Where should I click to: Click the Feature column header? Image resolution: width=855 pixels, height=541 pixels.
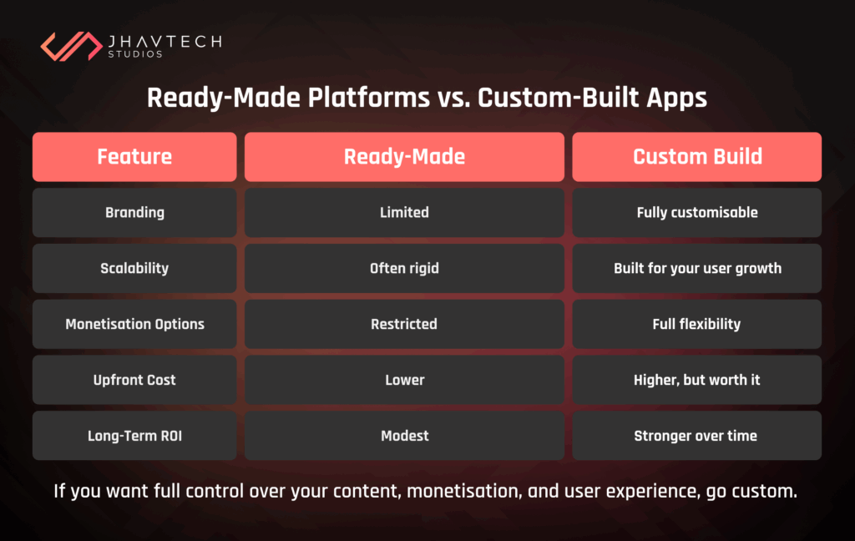click(x=134, y=156)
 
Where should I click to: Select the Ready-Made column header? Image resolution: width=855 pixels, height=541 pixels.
click(x=404, y=156)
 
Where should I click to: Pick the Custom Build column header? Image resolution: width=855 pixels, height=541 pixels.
click(x=697, y=156)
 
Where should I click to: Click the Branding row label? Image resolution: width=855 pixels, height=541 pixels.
click(x=134, y=212)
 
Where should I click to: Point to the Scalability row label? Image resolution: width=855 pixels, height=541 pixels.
click(x=134, y=268)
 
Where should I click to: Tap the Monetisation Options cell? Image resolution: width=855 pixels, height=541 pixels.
click(x=134, y=324)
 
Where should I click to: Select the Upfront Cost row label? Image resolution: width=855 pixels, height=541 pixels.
click(x=134, y=380)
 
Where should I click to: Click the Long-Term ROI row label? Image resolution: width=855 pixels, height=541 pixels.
click(x=134, y=436)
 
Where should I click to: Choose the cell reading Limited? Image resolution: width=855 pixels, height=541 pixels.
click(x=404, y=212)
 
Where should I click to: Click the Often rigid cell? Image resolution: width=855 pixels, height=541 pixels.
click(x=404, y=268)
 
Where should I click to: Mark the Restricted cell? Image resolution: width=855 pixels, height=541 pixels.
click(x=404, y=324)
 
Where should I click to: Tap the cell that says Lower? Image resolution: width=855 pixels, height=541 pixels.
click(x=404, y=380)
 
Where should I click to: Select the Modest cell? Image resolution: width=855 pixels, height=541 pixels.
click(x=404, y=436)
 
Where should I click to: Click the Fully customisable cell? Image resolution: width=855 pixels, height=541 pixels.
click(x=697, y=212)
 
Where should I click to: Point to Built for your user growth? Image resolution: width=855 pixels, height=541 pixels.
click(x=697, y=268)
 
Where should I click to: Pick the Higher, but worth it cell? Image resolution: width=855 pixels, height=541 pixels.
click(x=697, y=380)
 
